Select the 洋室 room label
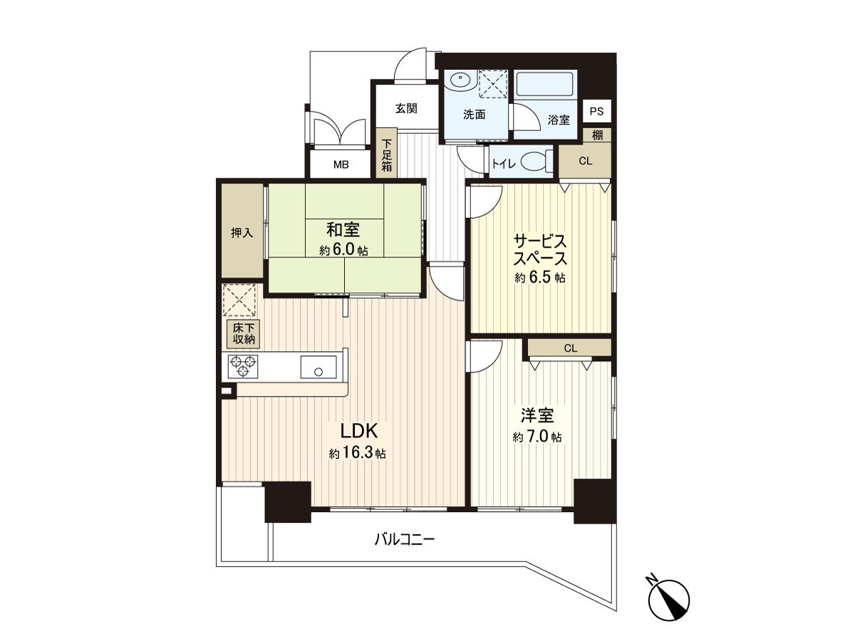537,417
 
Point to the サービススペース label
540,249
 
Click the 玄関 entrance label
405,109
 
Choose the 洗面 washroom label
474,114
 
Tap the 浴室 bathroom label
559,120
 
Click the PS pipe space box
596,111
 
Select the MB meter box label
341,165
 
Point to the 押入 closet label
242,232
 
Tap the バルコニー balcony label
404,539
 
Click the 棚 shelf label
596,135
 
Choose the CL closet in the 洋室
570,348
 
